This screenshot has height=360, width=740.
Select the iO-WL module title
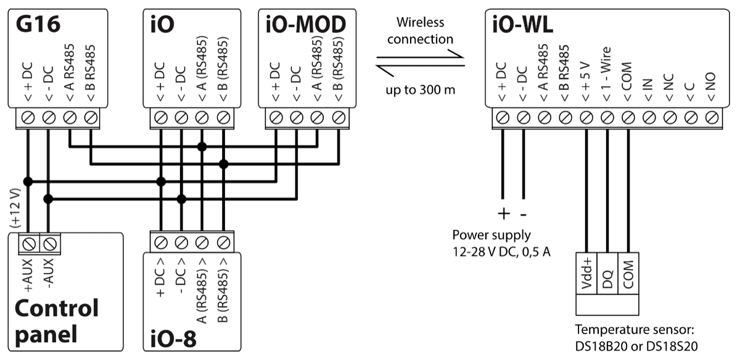(523, 25)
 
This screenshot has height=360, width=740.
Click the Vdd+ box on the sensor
(586, 272)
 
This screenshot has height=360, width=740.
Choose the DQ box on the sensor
(607, 272)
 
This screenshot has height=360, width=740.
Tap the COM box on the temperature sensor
(628, 272)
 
